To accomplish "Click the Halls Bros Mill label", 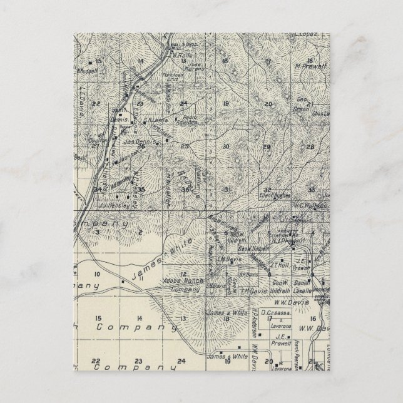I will tap(175, 48).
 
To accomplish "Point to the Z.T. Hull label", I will tap(280, 265).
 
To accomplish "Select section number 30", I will tap(225, 146).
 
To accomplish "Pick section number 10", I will tap(97, 274).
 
